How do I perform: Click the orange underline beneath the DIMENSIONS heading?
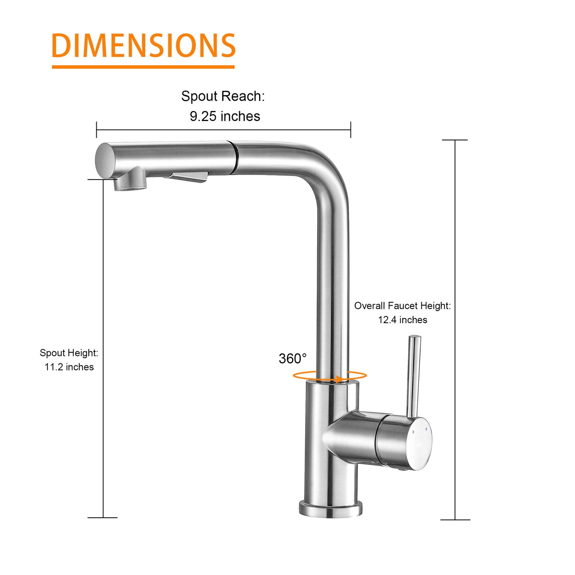pos(143,67)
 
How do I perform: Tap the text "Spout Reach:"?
pos(223,96)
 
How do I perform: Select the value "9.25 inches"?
pos(225,116)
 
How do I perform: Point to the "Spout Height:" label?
pos(69,353)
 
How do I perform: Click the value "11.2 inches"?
pos(69,367)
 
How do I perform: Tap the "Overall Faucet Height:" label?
pos(402,306)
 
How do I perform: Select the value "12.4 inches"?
pos(402,320)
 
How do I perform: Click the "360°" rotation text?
pos(292,359)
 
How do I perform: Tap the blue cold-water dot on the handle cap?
pos(426,429)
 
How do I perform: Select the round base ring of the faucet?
pos(330,509)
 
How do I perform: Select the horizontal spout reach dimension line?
pos(223,130)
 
